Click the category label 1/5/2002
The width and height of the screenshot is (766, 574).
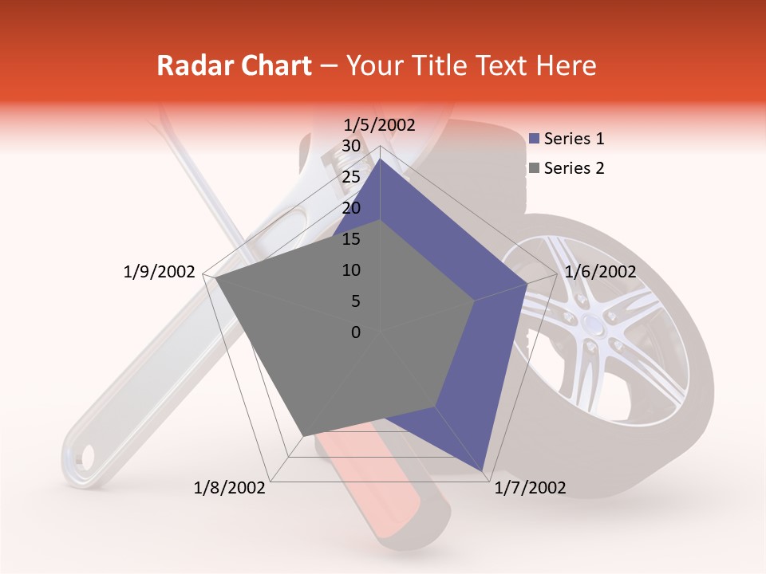pyautogui.click(x=379, y=124)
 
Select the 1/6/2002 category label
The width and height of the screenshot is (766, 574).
pyautogui.click(x=600, y=272)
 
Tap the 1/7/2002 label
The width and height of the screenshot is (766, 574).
pyautogui.click(x=530, y=488)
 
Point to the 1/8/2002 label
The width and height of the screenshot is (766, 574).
pyautogui.click(x=230, y=488)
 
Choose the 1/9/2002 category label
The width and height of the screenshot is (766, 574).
pyautogui.click(x=159, y=272)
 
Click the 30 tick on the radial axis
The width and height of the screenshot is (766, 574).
pyautogui.click(x=350, y=146)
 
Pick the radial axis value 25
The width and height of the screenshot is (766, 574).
pyautogui.click(x=350, y=177)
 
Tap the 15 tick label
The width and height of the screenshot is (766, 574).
pyautogui.click(x=350, y=239)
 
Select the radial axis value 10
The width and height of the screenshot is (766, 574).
pyautogui.click(x=350, y=270)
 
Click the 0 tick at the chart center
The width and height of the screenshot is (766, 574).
pyautogui.click(x=356, y=332)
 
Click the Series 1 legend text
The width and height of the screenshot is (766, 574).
pyautogui.click(x=574, y=139)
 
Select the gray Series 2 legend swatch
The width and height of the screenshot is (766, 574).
pyautogui.click(x=535, y=168)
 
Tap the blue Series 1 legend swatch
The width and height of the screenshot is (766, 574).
pyautogui.click(x=535, y=140)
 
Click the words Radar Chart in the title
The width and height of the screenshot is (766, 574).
pyautogui.click(x=234, y=66)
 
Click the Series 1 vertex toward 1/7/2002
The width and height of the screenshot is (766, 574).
pyautogui.click(x=483, y=470)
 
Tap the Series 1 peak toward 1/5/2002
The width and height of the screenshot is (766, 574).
pyautogui.click(x=380, y=159)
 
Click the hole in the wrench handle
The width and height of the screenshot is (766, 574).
pyautogui.click(x=84, y=457)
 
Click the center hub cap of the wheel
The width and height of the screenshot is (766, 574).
pyautogui.click(x=592, y=325)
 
